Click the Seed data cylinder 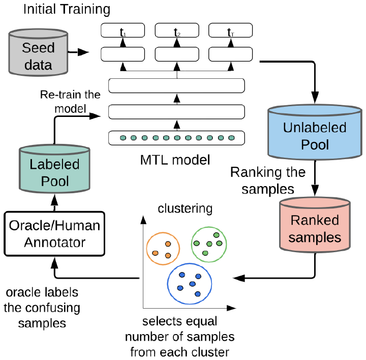[38, 52]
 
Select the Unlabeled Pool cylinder [315, 132]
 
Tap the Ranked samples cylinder [315, 225]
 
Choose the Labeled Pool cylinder [54, 169]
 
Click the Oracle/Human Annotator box [54, 234]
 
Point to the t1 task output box [123, 31]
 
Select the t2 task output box [177, 31]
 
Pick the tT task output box [231, 31]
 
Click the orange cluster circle [147, 249]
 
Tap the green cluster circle [192, 244]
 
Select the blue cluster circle [168, 284]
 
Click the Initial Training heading [67, 9]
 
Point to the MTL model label [175, 160]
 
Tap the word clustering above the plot [185, 208]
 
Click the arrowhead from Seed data [83, 52]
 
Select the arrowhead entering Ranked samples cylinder [315, 190]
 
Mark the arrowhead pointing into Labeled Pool [54, 200]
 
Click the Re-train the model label [70, 102]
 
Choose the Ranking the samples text [268, 181]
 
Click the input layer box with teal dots [176, 138]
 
